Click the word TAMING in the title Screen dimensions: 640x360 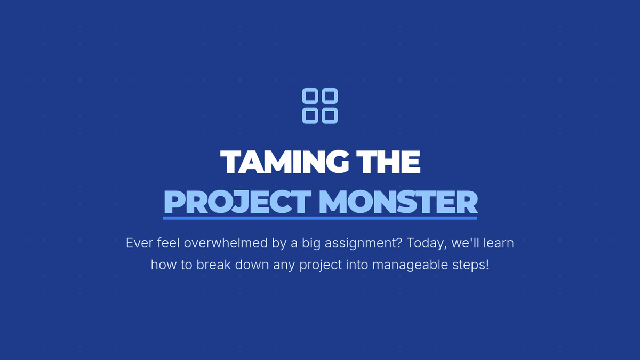pos(285,162)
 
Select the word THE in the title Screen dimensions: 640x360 pos(388,162)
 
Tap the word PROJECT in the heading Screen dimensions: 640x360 pos(237,202)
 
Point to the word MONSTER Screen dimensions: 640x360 pos(398,202)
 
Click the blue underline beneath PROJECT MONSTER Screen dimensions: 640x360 pos(320,218)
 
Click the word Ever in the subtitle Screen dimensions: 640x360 pos(139,243)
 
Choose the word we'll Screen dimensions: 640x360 pos(466,243)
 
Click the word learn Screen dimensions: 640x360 pos(499,243)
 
